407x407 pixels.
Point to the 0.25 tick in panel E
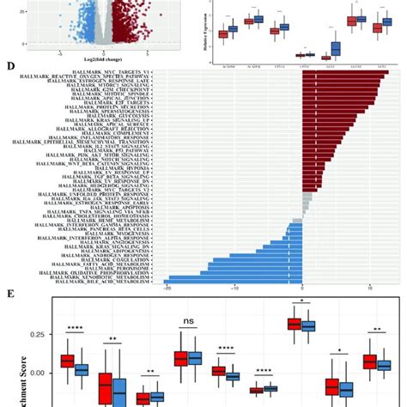pyautogui.click(x=37, y=333)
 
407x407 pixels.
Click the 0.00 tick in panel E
pyautogui.click(x=37, y=373)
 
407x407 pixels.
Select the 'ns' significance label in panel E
pyautogui.click(x=186, y=323)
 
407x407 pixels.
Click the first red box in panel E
pyautogui.click(x=66, y=361)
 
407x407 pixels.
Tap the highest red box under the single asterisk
pyautogui.click(x=294, y=324)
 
